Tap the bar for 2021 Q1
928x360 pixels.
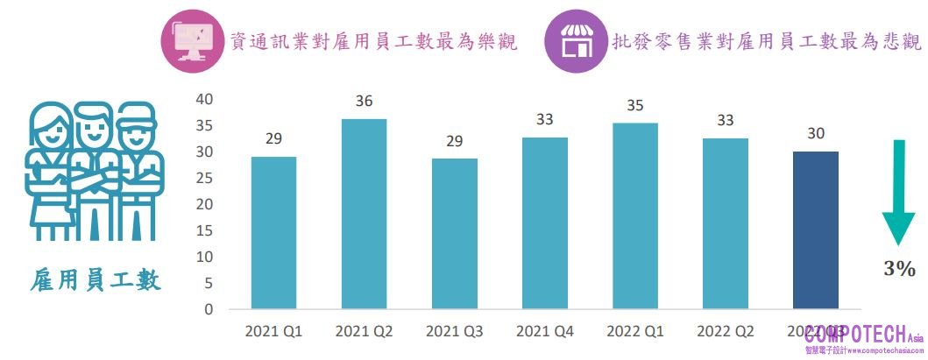(273, 233)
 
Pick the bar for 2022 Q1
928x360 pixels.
(635, 216)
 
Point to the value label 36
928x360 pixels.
(364, 101)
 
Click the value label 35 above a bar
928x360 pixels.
(635, 106)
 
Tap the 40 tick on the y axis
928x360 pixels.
(204, 99)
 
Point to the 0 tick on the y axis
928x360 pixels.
(209, 309)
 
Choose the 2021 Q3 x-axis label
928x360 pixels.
(454, 332)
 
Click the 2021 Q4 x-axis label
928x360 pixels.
(545, 332)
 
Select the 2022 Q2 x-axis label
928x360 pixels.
(726, 332)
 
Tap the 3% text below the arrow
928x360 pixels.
(899, 269)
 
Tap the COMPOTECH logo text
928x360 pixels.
(860, 334)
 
